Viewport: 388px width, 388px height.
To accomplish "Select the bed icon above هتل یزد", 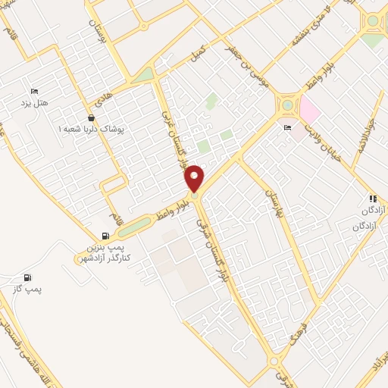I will pyautogui.click(x=33, y=89).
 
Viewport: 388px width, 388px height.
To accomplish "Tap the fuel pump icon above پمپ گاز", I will pyautogui.click(x=28, y=277).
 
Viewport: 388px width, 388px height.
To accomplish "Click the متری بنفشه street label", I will pyautogui.click(x=307, y=23).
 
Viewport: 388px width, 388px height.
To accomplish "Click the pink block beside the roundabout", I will pyautogui.click(x=310, y=111).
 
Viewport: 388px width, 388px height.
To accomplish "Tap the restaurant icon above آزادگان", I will pyautogui.click(x=372, y=199).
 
